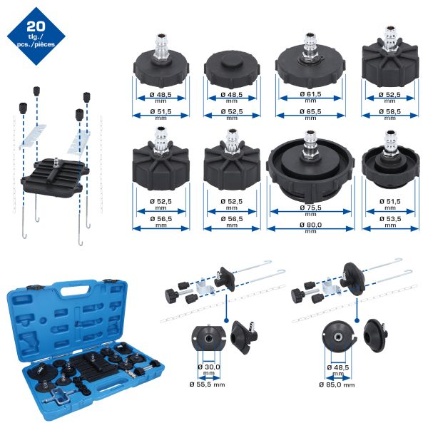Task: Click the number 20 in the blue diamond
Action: [x=36, y=26]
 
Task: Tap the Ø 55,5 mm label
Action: [x=207, y=384]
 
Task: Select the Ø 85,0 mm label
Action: [x=337, y=384]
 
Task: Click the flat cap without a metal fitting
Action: [x=232, y=68]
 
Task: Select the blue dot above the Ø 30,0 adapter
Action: [x=225, y=320]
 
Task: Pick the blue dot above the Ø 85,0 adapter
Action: [x=357, y=320]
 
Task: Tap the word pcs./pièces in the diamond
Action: [x=36, y=44]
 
